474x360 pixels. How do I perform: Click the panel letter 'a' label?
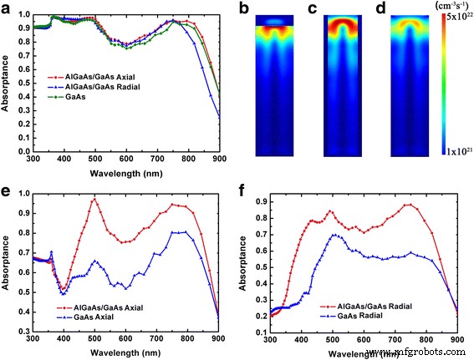[6, 8]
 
